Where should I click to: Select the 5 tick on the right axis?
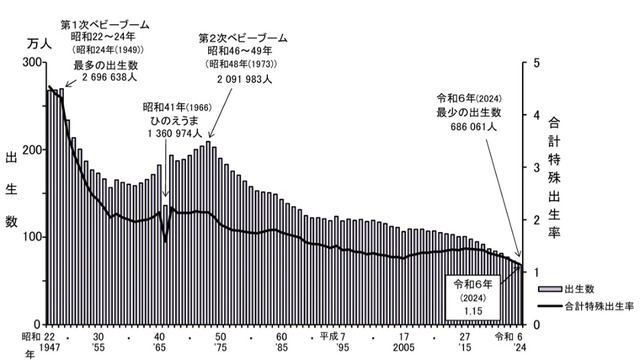[537, 62]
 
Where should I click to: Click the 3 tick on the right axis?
[537, 167]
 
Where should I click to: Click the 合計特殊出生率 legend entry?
[591, 307]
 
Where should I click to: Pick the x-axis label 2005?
[405, 349]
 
